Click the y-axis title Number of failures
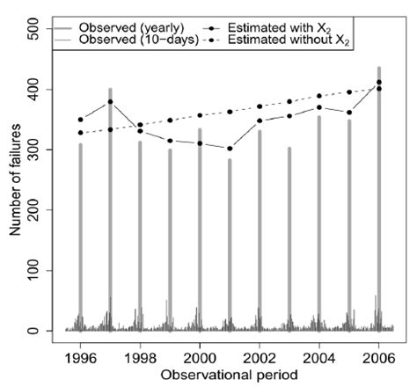12,180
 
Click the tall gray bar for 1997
110,211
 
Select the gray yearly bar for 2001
230,246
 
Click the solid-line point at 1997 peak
110,102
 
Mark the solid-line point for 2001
230,149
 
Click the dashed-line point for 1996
81,133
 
